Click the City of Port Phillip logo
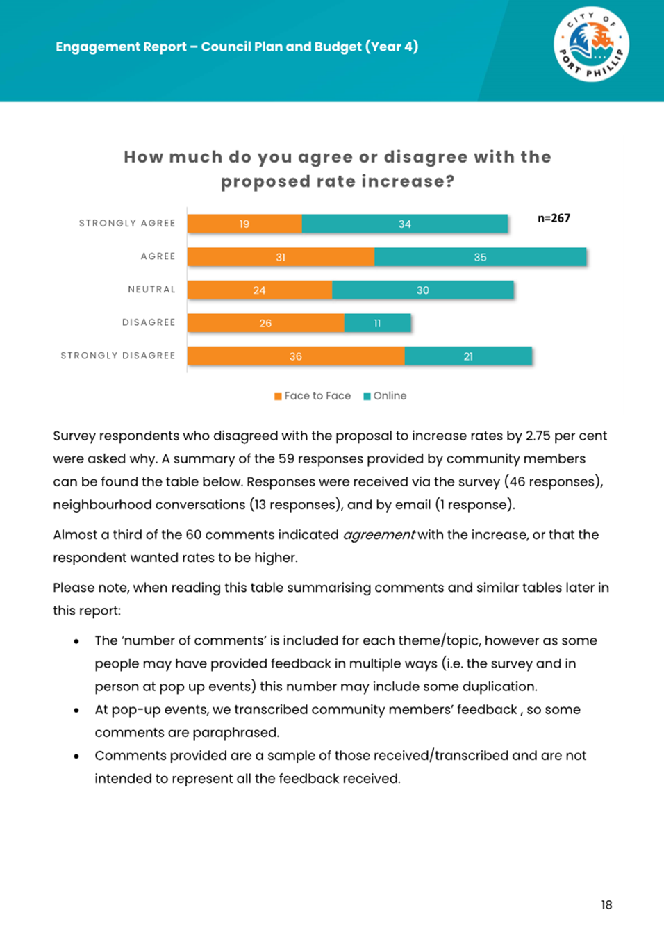click(591, 44)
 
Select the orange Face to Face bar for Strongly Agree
click(244, 224)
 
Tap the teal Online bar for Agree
click(480, 257)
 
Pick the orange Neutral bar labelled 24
click(259, 290)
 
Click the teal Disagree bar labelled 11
click(377, 323)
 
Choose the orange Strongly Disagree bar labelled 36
click(296, 356)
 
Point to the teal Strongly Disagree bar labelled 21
click(468, 356)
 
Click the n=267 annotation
click(554, 218)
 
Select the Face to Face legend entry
click(313, 396)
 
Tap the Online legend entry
click(385, 396)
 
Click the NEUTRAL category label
click(151, 290)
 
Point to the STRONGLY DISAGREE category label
click(118, 356)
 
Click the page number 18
click(606, 905)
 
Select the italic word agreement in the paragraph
click(379, 535)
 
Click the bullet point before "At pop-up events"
click(76, 710)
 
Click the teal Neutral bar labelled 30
click(423, 290)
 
